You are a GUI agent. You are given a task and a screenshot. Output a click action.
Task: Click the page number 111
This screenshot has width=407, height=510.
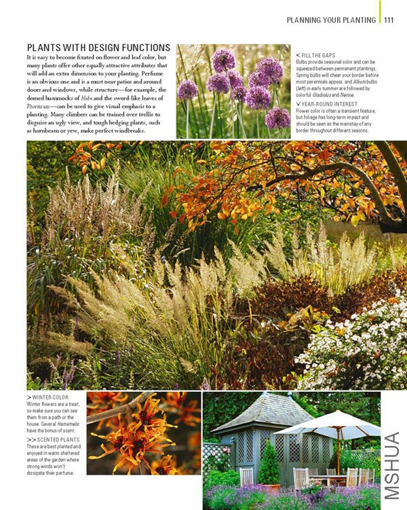coord(389,20)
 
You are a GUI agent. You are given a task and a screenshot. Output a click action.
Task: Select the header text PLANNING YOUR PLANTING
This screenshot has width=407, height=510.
coord(331,20)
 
